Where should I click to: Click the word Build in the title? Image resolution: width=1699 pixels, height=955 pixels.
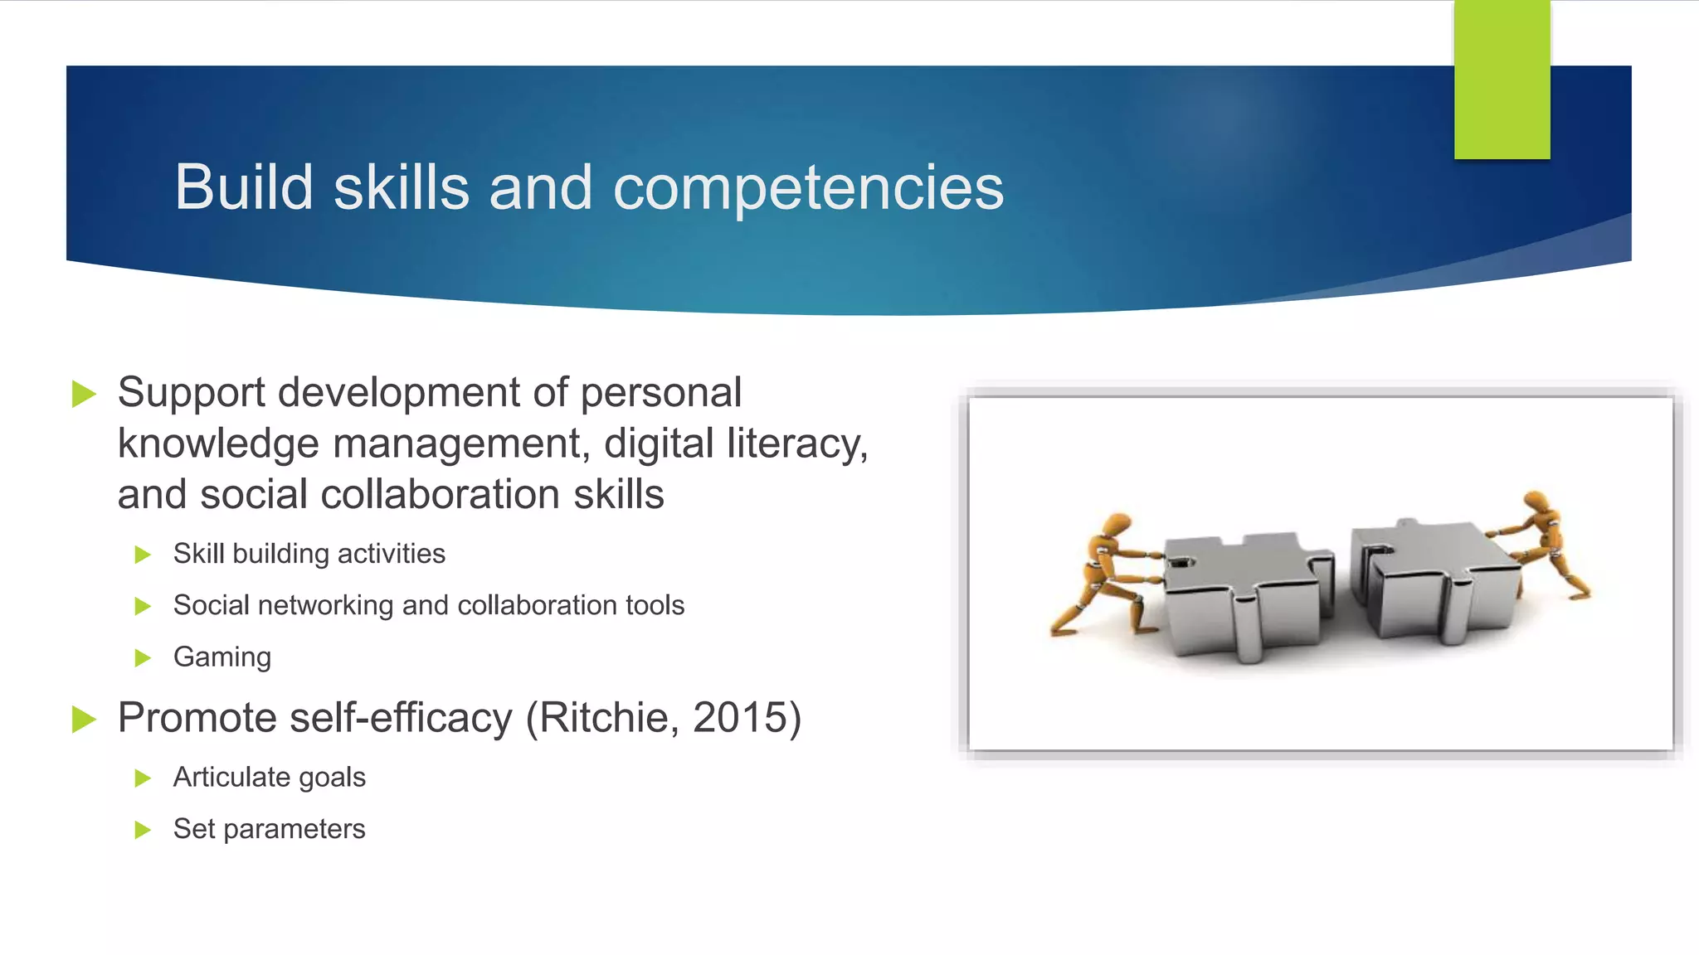pos(243,187)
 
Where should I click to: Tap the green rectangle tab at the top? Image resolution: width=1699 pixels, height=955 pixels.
pos(1502,80)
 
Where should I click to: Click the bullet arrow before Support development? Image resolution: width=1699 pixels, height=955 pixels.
pos(85,393)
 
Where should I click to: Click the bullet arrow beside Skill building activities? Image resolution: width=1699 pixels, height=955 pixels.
pos(143,555)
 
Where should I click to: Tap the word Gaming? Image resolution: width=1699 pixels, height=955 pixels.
pos(222,657)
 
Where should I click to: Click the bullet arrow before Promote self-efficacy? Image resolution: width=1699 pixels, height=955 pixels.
pos(85,719)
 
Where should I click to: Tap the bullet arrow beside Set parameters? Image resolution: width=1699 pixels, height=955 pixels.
pos(143,830)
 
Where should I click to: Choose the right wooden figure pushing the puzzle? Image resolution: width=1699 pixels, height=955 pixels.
pos(1542,544)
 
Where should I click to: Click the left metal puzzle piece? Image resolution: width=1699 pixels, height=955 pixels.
pos(1244,593)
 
